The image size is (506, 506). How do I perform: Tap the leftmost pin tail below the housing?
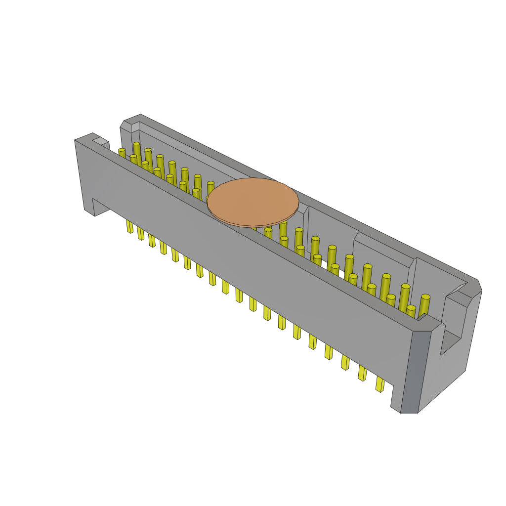129,226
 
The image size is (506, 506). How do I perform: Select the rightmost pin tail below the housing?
379,384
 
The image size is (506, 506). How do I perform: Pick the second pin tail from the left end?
141,233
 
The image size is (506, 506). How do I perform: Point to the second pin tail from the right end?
362,373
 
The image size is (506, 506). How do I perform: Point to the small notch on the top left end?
101,141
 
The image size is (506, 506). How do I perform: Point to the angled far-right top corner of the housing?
477,287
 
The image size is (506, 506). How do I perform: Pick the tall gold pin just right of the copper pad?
283,230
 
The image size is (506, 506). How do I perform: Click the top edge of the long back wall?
306,198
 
